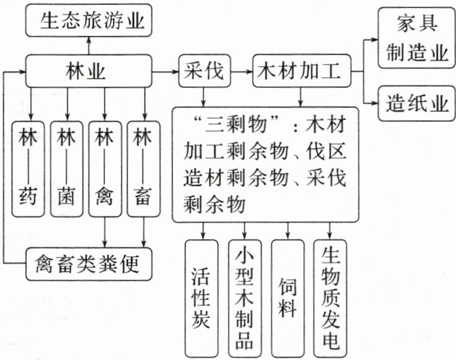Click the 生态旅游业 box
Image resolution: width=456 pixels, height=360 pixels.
(88, 22)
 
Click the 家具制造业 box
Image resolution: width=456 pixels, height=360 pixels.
(416, 38)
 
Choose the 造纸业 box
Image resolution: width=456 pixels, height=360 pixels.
(416, 103)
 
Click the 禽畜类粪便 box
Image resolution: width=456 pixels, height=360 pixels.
(89, 265)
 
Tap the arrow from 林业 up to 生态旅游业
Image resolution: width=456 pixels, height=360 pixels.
(88, 45)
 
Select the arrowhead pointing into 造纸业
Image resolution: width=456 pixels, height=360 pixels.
(374, 102)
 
